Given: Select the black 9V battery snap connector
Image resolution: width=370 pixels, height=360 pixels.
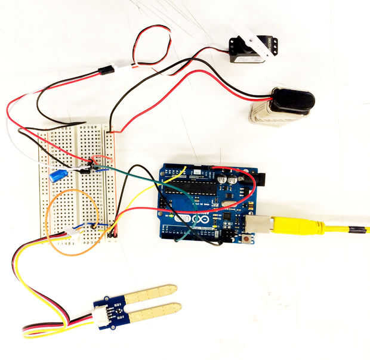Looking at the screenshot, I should [292, 100].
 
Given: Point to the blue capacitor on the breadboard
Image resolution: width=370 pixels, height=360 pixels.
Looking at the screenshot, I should [58, 175].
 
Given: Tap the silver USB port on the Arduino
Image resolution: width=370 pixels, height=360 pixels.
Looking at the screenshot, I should [260, 224].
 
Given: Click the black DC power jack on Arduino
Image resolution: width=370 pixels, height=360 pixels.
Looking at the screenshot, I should [258, 178].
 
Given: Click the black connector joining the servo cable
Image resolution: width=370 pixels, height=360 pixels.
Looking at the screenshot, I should [106, 70].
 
